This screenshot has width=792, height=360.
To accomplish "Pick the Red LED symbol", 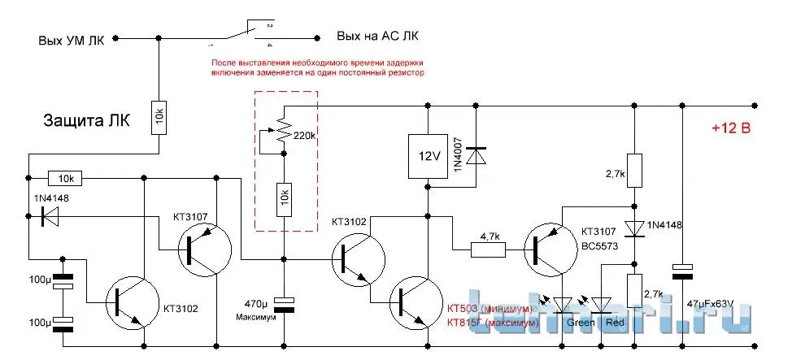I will pos(603,305).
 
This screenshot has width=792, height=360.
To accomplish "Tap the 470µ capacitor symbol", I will pos(283,304).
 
